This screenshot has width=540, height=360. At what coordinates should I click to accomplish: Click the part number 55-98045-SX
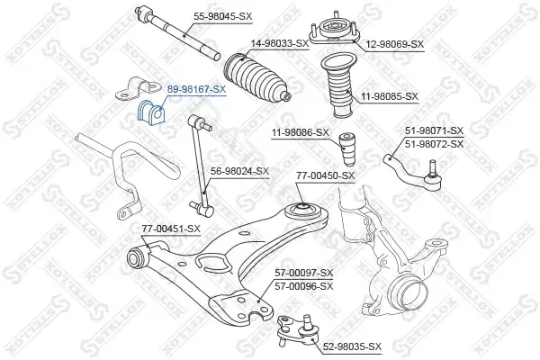(x=223, y=16)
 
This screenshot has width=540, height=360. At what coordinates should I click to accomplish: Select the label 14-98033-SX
(x=280, y=43)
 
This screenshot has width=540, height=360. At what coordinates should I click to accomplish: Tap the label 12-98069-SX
(x=395, y=44)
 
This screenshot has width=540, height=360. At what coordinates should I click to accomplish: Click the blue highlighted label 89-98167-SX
(x=196, y=89)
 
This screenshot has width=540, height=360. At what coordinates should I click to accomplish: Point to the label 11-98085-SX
(x=390, y=96)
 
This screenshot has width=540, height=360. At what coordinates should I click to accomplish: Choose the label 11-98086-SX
(x=301, y=132)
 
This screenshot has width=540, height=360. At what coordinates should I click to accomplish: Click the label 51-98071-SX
(x=435, y=130)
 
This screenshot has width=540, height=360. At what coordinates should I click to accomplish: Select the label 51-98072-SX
(x=435, y=144)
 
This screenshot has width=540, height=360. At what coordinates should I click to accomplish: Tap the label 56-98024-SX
(x=239, y=171)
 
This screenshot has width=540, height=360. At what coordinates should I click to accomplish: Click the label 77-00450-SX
(x=326, y=175)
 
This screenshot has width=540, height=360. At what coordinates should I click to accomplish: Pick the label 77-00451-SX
(x=171, y=229)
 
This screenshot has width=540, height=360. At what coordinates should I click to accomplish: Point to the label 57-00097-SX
(x=304, y=274)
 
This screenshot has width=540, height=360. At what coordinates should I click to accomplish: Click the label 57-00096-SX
(x=304, y=286)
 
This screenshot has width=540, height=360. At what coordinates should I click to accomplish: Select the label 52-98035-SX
(x=352, y=346)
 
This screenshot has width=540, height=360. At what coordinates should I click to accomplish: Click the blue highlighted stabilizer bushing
(x=151, y=112)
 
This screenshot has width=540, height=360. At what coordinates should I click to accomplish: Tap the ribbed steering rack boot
(x=256, y=78)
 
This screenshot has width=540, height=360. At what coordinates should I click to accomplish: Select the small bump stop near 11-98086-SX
(x=346, y=149)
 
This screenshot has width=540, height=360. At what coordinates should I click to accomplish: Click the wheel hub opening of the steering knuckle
(x=405, y=292)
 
